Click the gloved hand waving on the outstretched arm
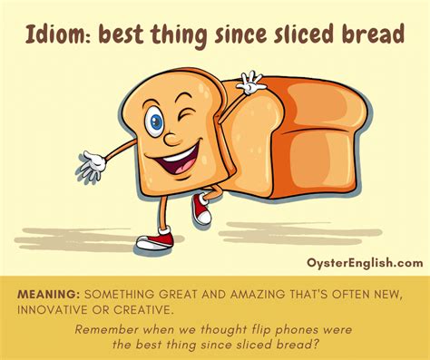coord(90,167)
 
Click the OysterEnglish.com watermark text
coord(364,263)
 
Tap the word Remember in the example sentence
coord(114,328)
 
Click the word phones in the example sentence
coord(284,328)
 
